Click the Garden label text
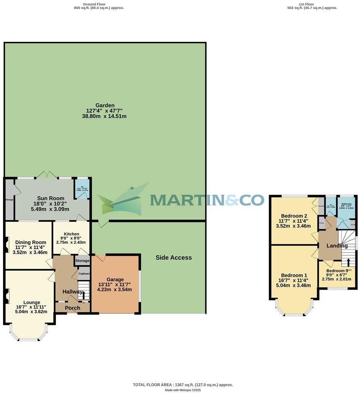[x=105, y=105]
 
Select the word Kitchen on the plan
[x=72, y=234]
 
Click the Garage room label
[x=115, y=279]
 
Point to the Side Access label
[x=173, y=258]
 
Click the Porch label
[x=72, y=308]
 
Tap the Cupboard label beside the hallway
[x=84, y=274]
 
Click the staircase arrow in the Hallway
[x=84, y=295]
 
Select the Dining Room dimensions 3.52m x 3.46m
[x=31, y=252]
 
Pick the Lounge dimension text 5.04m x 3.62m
[x=31, y=311]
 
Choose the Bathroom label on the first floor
[x=346, y=204]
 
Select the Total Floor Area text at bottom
[x=183, y=385]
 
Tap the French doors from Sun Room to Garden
[x=47, y=175]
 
